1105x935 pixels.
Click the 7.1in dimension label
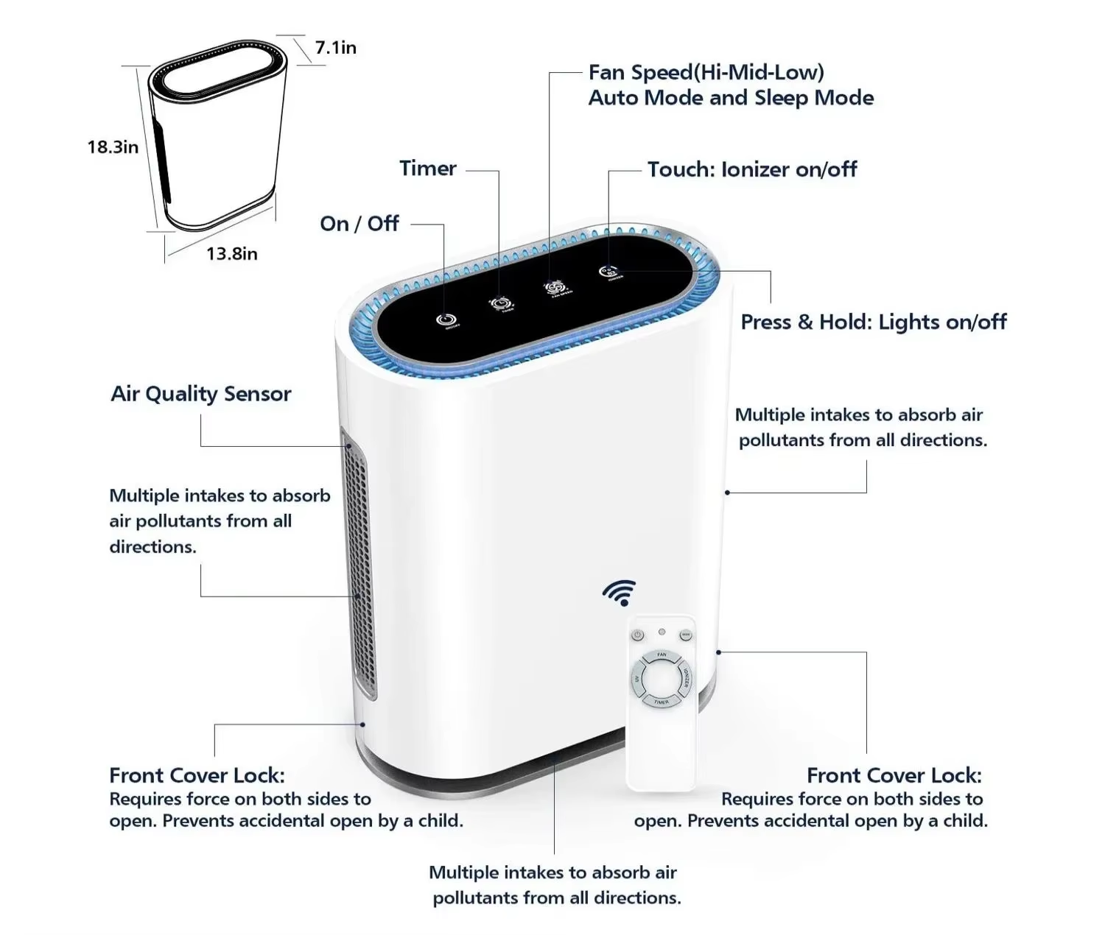coord(335,48)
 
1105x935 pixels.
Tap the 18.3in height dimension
coord(113,147)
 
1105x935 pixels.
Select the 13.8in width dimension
coord(231,254)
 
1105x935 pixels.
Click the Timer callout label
coord(428,169)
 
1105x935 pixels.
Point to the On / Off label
coord(359,224)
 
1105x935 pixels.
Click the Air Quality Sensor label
coord(201,394)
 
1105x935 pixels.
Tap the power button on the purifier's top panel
coord(443,320)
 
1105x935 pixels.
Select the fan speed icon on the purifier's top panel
coord(558,286)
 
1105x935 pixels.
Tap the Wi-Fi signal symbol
coord(620,592)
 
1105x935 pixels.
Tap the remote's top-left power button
coord(638,635)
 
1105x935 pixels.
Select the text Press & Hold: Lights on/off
coord(873,322)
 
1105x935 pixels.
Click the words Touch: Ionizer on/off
coord(752,170)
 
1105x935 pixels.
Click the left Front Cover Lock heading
coord(197,775)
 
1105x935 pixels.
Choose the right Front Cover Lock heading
coord(894,775)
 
